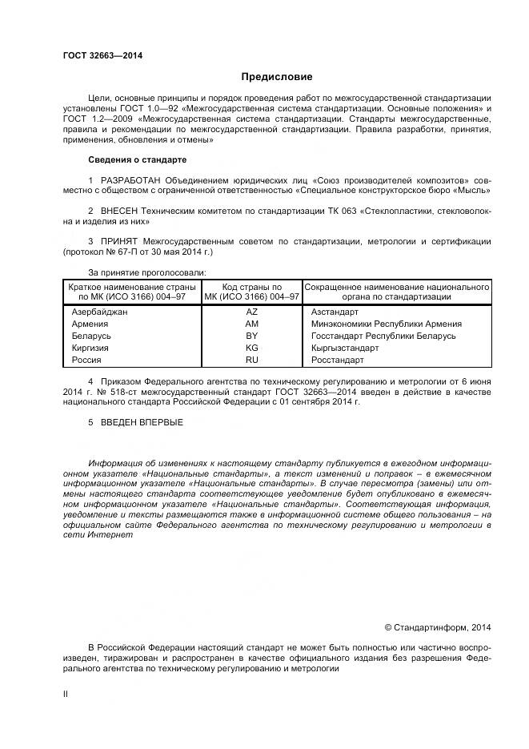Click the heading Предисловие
[x=277, y=77]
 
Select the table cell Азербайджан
[x=100, y=312]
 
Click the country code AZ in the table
[x=252, y=312]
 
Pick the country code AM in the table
[x=252, y=324]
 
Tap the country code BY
[x=252, y=336]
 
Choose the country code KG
[x=252, y=348]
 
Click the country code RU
[x=252, y=360]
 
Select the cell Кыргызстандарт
[x=346, y=348]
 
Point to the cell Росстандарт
[x=337, y=360]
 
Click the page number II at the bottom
[x=66, y=694]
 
